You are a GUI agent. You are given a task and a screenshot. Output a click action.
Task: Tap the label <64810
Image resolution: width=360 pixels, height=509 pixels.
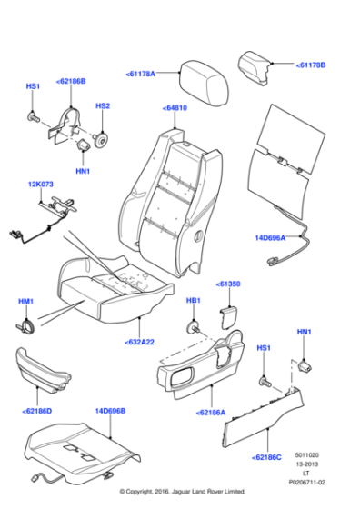coord(175,107)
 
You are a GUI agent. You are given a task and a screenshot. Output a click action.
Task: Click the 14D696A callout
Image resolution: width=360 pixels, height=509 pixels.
coord(270,238)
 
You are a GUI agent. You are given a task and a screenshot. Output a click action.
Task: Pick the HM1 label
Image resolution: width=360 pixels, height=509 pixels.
coord(25,301)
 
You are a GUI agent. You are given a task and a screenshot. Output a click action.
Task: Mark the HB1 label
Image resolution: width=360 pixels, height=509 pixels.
coord(193,301)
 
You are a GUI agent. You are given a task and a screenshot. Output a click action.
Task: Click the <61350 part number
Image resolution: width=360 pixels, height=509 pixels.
coord(228,284)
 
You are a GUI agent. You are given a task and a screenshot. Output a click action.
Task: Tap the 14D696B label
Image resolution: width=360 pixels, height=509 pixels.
coord(109,410)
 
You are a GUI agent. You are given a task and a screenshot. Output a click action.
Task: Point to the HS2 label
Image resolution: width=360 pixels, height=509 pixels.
coord(103,106)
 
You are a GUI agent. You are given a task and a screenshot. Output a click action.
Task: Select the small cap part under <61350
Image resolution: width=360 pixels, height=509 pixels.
coord(227,314)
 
